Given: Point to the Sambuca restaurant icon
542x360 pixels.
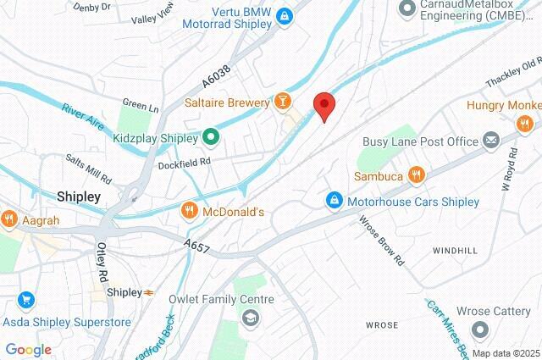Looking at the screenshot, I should pos(415,175).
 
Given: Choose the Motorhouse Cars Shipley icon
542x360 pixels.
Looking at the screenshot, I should pos(335,202).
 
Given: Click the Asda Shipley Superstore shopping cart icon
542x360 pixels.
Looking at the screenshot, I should pos(25,300).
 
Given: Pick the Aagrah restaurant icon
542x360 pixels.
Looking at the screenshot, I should pos(9,218).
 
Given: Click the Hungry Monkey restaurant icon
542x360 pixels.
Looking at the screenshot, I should pos(525,124).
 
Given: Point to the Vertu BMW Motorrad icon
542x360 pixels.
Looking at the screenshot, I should pos(285,14).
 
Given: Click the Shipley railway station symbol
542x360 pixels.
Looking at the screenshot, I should pos(149,292).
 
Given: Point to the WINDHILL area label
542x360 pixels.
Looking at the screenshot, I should pos(456,252).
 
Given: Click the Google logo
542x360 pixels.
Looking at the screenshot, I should pos(28,350).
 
